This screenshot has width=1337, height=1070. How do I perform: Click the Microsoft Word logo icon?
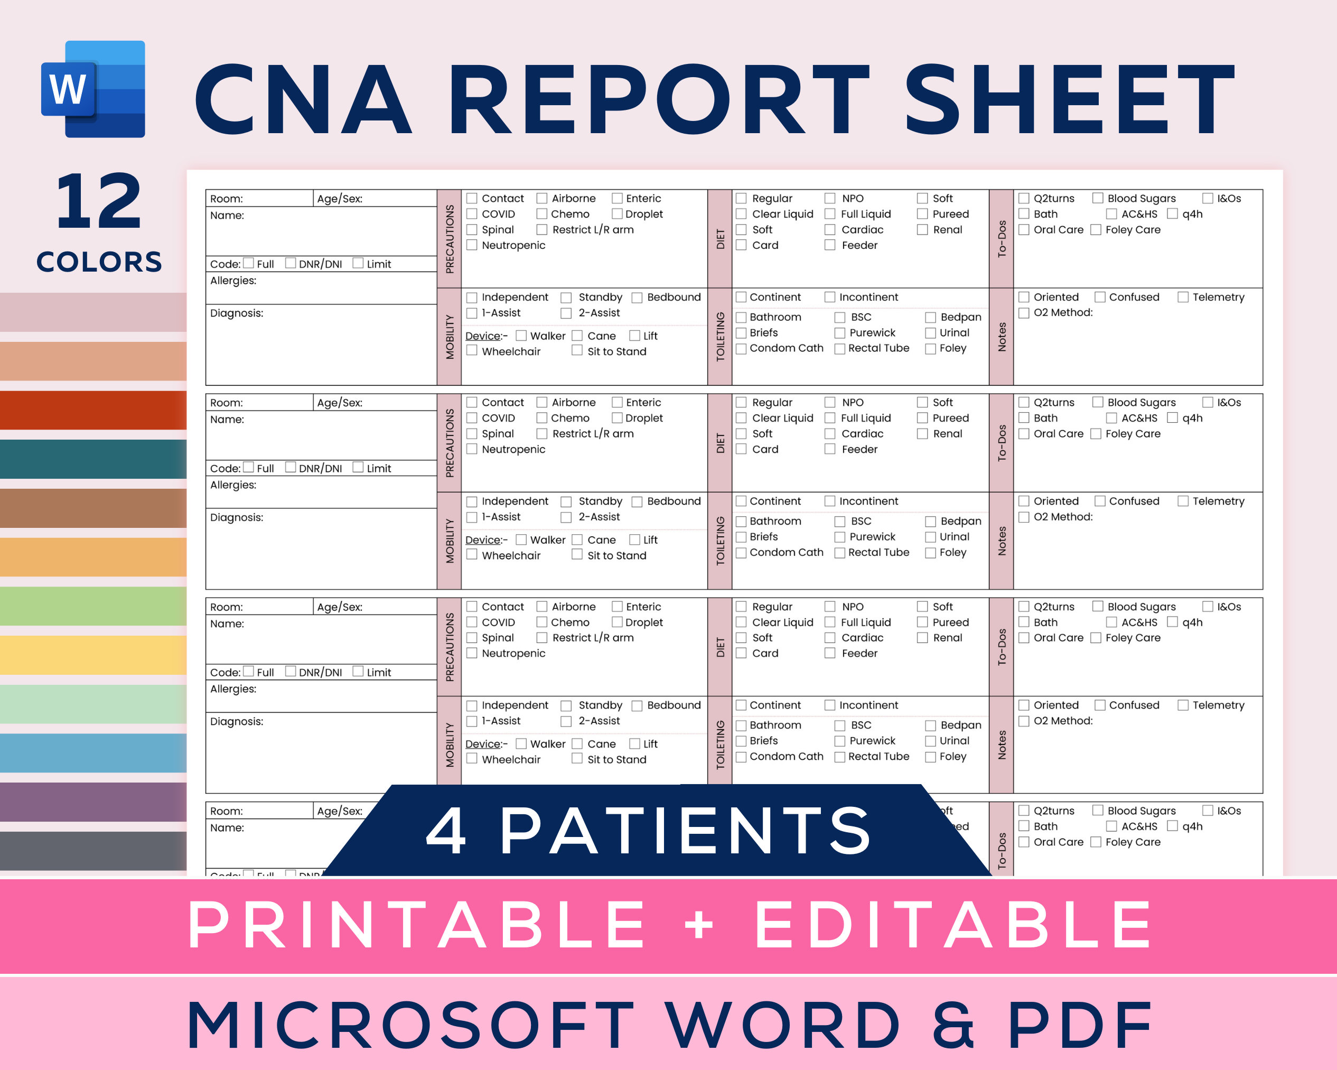pos(93,89)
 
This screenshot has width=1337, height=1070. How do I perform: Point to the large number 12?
pos(99,202)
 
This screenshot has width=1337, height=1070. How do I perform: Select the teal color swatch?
pos(93,459)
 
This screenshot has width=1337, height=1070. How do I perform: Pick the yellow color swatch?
pos(93,655)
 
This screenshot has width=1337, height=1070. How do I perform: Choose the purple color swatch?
pos(93,802)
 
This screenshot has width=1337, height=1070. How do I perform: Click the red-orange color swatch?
pos(93,410)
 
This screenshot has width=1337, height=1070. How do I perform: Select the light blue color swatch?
pos(93,753)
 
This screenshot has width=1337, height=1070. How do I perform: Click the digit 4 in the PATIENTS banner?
pos(446,831)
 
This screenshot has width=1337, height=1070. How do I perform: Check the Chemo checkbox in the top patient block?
pos(542,214)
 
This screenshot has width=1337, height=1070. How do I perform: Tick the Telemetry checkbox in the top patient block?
pos(1183,297)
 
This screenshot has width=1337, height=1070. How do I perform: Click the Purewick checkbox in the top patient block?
pos(840,333)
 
